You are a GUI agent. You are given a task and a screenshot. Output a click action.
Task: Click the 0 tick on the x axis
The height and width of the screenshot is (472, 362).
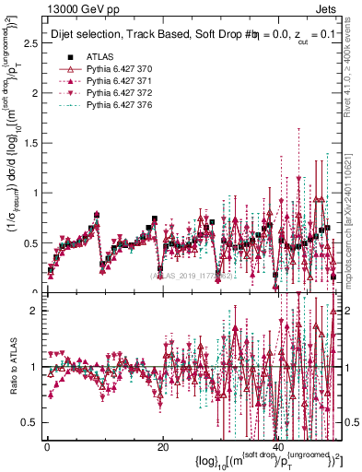click(x=48, y=447)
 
